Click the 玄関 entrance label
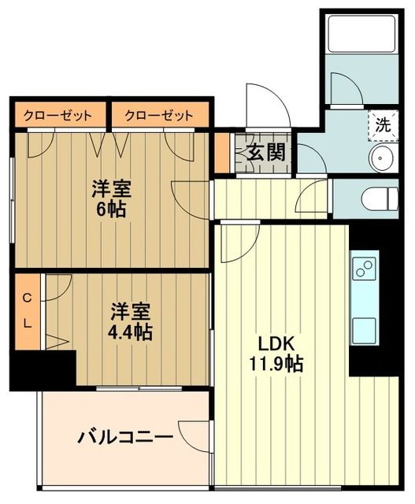click(x=263, y=152)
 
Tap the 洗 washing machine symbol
click(x=381, y=124)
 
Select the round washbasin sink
click(x=381, y=159)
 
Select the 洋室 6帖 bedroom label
click(x=111, y=190)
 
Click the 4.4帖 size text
click(x=131, y=332)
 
